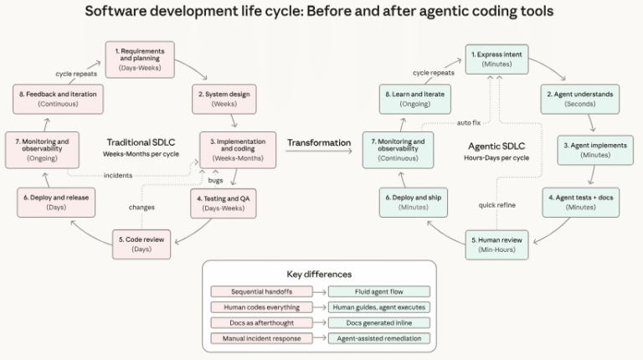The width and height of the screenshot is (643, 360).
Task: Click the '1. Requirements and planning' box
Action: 140,59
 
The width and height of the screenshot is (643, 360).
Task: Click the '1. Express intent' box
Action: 497,59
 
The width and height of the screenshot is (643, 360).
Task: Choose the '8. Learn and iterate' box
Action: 415,100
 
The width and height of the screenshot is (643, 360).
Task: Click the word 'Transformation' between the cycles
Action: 319,142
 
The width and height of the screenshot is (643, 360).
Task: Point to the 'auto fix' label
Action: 470,122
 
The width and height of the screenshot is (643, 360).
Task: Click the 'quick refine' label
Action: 497,204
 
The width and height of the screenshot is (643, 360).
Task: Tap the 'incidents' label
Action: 118,175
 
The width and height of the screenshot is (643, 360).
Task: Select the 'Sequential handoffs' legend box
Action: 261,291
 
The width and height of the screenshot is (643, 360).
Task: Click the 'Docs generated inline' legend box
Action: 378,322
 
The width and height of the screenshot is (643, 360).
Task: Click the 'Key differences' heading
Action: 319,274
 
